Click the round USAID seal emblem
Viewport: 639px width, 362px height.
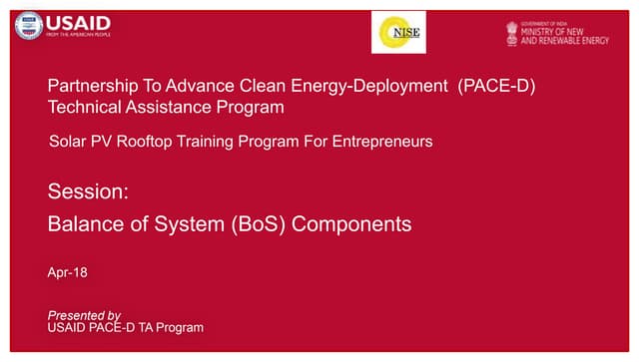click(x=28, y=26)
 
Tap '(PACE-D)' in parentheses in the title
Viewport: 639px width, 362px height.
click(x=497, y=86)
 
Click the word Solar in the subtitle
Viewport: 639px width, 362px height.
click(x=68, y=143)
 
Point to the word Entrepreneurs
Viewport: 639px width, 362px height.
click(x=381, y=143)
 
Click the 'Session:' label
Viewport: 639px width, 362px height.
click(x=88, y=190)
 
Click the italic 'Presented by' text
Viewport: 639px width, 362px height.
click(x=84, y=315)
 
